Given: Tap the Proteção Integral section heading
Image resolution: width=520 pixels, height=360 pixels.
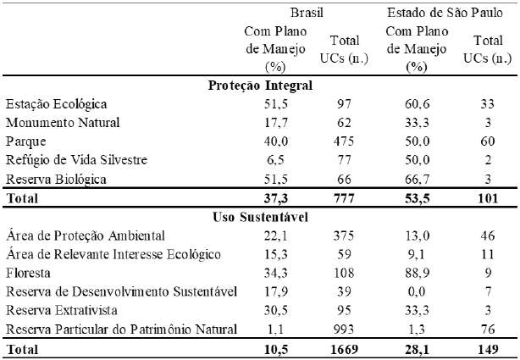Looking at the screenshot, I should pyautogui.click(x=260, y=85).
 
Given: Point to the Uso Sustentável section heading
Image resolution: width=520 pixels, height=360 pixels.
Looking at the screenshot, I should pyautogui.click(x=260, y=218).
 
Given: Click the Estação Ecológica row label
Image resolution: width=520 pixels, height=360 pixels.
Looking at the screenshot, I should pyautogui.click(x=56, y=103).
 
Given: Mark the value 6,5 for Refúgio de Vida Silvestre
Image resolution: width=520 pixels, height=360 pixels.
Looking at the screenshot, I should pyautogui.click(x=268, y=159).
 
